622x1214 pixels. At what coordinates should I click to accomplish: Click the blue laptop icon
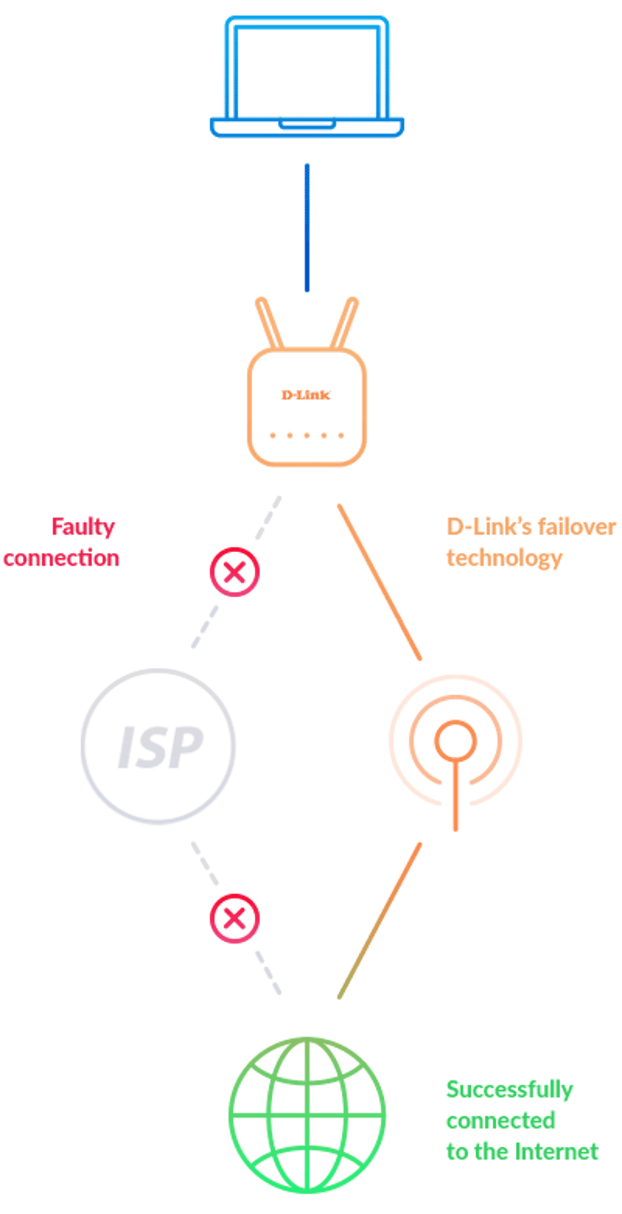(306, 77)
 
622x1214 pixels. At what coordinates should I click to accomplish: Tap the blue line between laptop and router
(306, 228)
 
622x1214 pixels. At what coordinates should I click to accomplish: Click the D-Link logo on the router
(306, 395)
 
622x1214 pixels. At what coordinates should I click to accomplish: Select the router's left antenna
(269, 323)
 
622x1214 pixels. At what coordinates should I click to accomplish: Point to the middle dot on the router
(306, 435)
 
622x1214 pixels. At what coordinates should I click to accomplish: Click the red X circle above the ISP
(234, 572)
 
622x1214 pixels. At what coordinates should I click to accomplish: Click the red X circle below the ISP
(234, 919)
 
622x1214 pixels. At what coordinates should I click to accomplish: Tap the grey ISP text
(160, 747)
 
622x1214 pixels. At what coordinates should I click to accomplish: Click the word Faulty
(83, 527)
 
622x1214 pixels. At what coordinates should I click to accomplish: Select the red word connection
(62, 558)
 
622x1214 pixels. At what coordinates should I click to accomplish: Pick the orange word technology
(504, 559)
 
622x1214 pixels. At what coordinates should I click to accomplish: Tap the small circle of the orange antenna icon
(456, 741)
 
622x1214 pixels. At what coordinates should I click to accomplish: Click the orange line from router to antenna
(379, 582)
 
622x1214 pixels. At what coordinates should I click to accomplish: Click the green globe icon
(306, 1115)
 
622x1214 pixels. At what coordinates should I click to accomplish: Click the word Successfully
(509, 1090)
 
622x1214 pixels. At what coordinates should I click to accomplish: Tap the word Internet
(557, 1152)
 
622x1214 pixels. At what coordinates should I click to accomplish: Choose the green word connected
(500, 1121)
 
